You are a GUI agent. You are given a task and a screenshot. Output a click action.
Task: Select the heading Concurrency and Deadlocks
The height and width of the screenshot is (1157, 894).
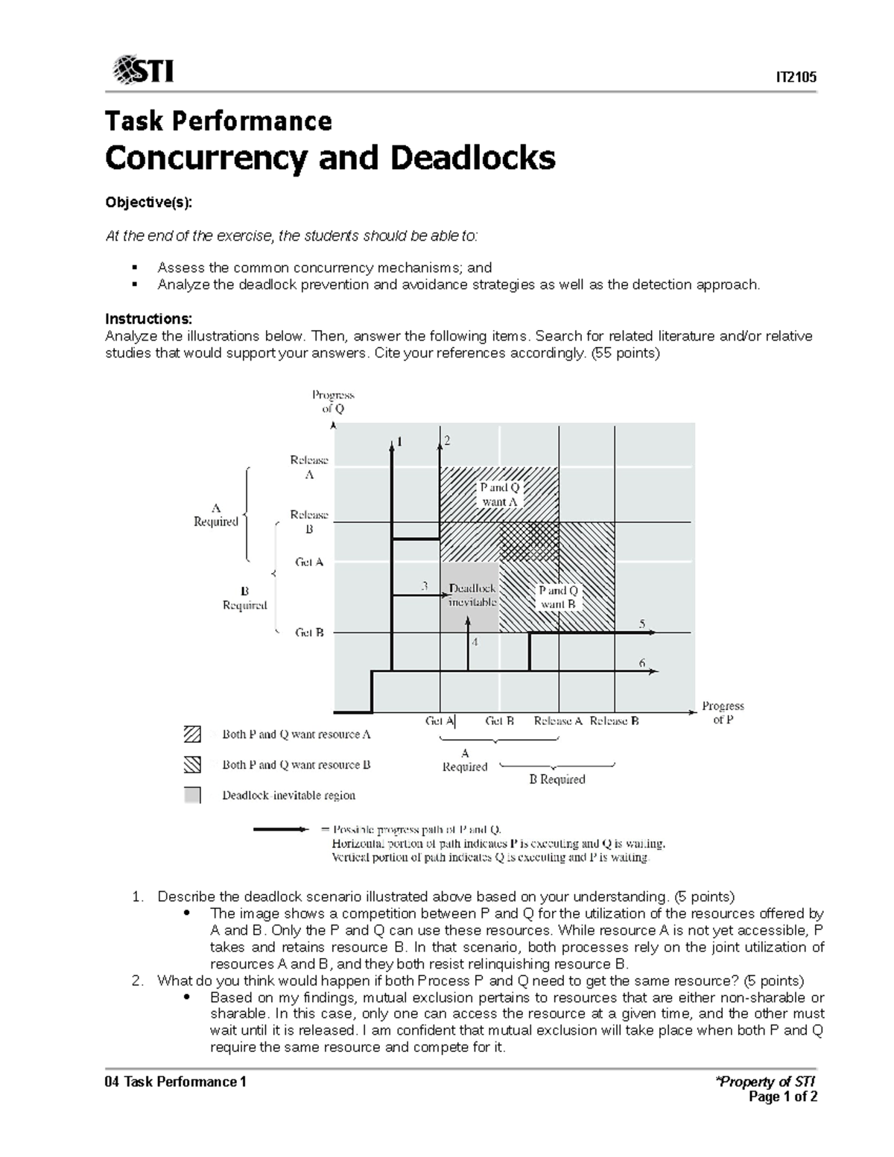[330, 158]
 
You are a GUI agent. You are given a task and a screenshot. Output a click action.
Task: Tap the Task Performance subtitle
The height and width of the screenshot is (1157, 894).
[218, 121]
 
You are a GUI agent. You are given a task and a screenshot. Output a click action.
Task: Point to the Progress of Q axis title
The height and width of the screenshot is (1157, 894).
[332, 402]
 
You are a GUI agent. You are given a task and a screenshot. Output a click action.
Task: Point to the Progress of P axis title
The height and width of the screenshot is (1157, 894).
[723, 712]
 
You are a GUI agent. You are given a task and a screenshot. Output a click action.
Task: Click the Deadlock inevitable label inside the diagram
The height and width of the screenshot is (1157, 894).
[472, 595]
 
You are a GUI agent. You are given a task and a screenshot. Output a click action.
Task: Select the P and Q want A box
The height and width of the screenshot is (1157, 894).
[499, 495]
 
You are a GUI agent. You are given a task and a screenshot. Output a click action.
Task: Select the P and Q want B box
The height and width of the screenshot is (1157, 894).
[558, 597]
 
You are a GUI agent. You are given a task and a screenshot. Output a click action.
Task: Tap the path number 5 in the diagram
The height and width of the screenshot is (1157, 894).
[641, 624]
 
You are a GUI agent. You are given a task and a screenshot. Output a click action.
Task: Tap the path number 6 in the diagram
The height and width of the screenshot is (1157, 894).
[641, 662]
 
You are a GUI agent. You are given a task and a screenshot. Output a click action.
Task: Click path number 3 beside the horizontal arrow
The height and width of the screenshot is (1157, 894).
[425, 586]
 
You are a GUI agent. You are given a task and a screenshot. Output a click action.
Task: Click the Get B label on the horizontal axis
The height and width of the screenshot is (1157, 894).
[499, 721]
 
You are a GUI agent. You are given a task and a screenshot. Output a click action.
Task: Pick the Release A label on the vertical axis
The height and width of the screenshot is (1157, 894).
[309, 467]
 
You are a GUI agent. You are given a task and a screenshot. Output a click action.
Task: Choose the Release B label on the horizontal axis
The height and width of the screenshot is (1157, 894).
[614, 721]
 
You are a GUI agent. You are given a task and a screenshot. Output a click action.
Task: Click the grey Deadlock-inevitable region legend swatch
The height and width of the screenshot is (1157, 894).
[192, 795]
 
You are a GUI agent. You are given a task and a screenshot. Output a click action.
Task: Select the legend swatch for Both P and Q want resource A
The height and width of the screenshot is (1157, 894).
[192, 735]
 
